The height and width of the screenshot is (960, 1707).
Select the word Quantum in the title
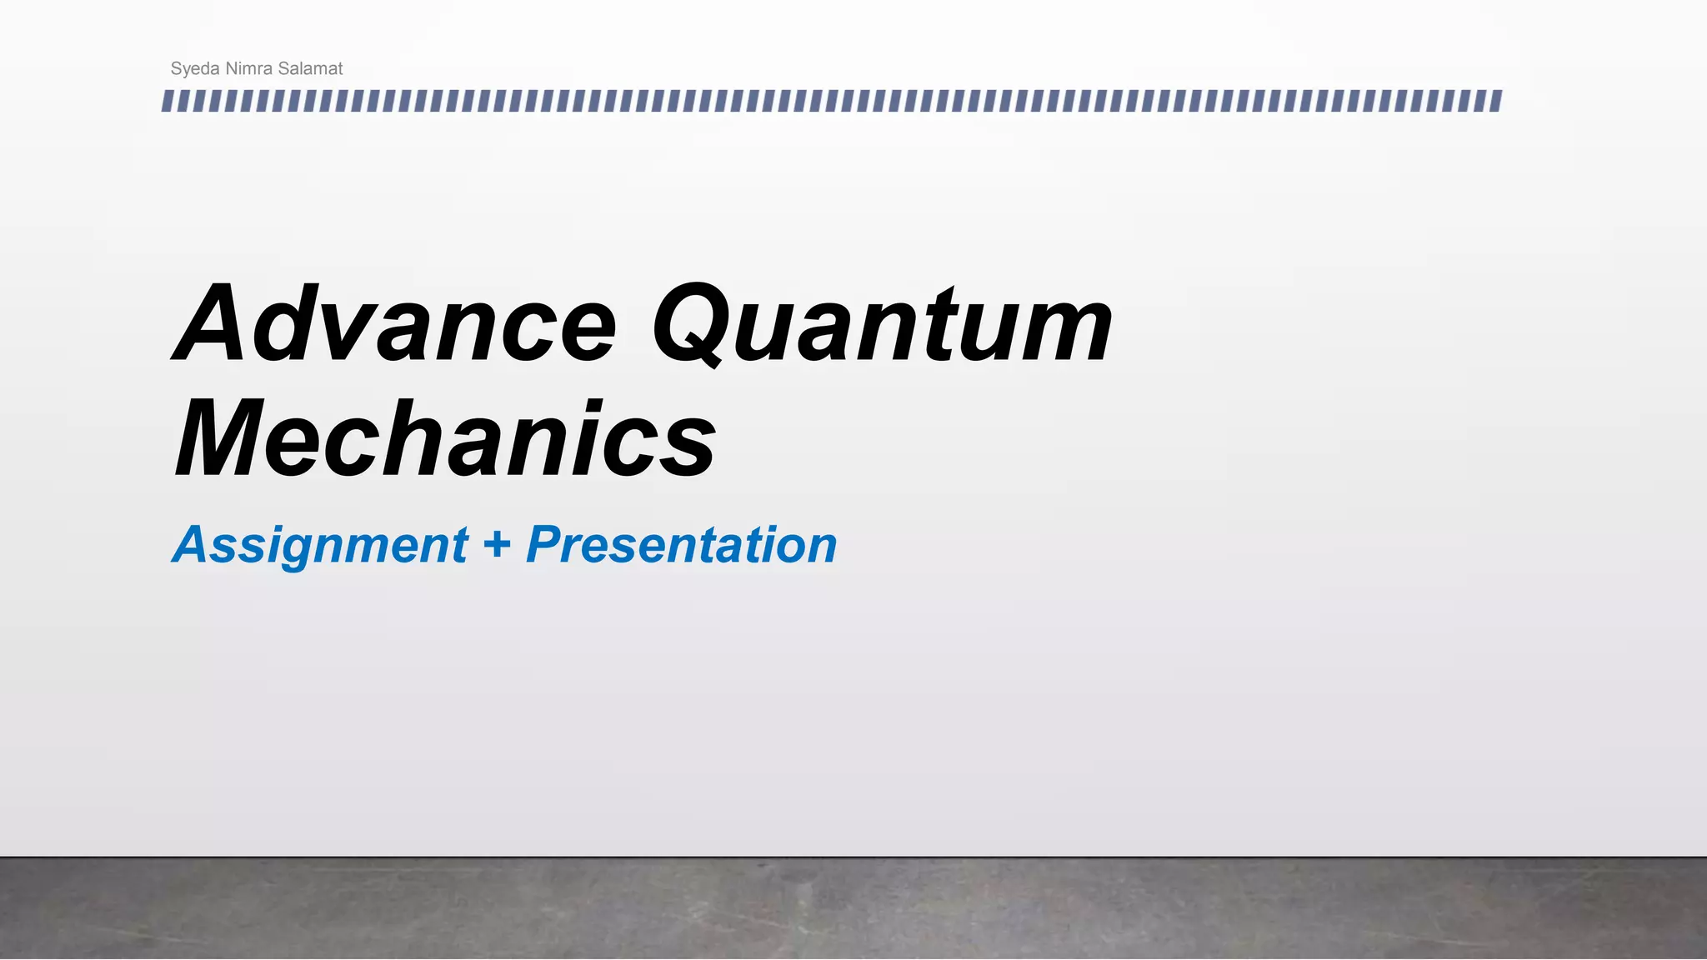(882, 325)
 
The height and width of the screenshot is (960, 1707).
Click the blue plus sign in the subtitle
(497, 545)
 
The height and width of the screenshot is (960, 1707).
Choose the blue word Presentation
(682, 545)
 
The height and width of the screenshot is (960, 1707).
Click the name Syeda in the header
(195, 69)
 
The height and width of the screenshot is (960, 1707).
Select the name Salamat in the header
(310, 68)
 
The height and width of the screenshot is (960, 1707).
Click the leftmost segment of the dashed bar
(168, 102)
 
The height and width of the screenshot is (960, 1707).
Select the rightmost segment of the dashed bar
(1496, 102)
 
